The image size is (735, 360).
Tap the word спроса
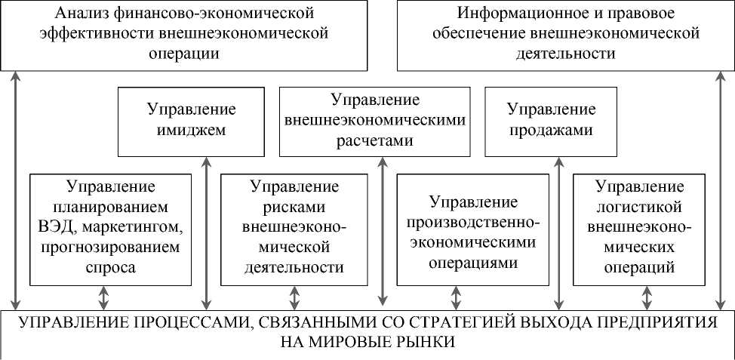[111, 267]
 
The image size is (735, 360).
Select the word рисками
[294, 206]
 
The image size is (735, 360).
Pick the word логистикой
[639, 206]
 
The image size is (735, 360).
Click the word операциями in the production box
[473, 263]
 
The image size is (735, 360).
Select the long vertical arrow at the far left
[15, 189]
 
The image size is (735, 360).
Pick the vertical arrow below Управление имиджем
[206, 230]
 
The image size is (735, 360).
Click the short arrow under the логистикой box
[647, 297]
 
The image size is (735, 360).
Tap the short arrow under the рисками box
[294, 297]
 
